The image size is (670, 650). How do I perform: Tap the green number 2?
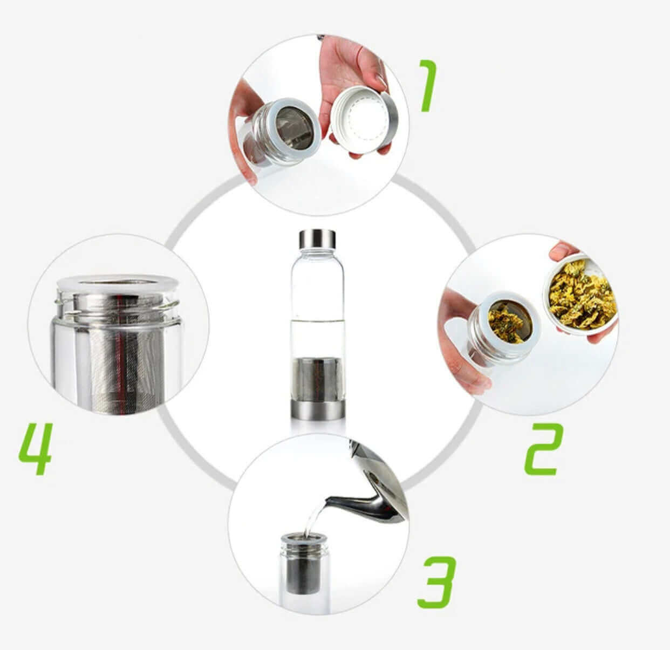tap(544, 450)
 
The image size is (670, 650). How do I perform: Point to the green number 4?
tap(36, 449)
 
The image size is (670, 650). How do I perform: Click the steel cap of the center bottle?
tap(317, 239)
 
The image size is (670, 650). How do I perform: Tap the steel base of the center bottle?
tap(318, 410)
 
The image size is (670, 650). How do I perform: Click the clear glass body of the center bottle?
tap(318, 303)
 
